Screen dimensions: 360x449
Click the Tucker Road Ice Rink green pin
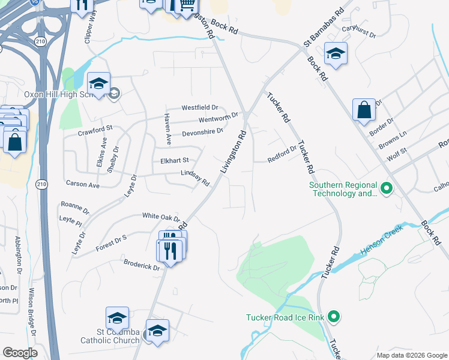pyautogui.click(x=336, y=316)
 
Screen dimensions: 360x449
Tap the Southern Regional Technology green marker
pyautogui.click(x=387, y=190)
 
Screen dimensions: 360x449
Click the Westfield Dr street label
pyautogui.click(x=199, y=107)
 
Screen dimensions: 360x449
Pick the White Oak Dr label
pyautogui.click(x=161, y=216)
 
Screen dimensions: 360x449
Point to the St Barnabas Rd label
pyautogui.click(x=323, y=28)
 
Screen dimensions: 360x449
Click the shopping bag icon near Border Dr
pyautogui.click(x=364, y=110)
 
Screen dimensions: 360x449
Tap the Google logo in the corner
pyautogui.click(x=20, y=353)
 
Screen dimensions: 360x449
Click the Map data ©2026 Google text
pyautogui.click(x=411, y=355)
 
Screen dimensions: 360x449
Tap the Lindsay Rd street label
pyautogui.click(x=194, y=178)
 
